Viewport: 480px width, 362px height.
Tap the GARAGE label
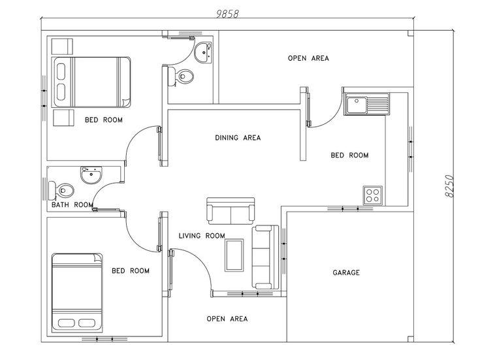click(x=346, y=272)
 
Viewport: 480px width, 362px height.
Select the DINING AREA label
click(x=238, y=138)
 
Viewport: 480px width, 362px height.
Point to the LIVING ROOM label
click(x=202, y=236)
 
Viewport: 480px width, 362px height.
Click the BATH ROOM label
click(x=72, y=205)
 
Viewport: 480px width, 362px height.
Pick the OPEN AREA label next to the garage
click(x=227, y=319)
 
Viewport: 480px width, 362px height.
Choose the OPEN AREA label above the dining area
click(x=308, y=58)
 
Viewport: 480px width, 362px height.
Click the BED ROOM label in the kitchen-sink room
click(x=349, y=156)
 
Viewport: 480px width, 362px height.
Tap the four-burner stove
click(x=372, y=194)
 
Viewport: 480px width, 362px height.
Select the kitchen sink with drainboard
click(x=368, y=103)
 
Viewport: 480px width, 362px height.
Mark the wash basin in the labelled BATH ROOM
click(x=90, y=174)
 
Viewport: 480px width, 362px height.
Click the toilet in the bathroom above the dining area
click(x=183, y=76)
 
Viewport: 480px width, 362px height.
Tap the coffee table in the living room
click(x=234, y=254)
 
